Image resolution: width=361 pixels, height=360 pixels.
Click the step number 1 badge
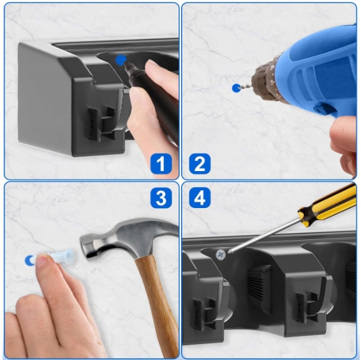click(161, 163)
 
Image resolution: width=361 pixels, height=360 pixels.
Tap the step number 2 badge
click(200, 163)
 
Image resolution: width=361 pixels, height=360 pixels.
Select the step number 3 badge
click(161, 198)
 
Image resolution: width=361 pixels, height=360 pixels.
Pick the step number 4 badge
click(200, 198)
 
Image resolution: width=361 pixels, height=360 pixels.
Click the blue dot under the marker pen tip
click(121, 61)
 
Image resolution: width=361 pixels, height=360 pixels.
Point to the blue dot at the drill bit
click(236, 88)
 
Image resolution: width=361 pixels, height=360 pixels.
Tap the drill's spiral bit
click(247, 86)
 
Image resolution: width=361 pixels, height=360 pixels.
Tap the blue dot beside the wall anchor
click(29, 260)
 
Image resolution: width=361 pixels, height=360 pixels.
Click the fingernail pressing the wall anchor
click(43, 259)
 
